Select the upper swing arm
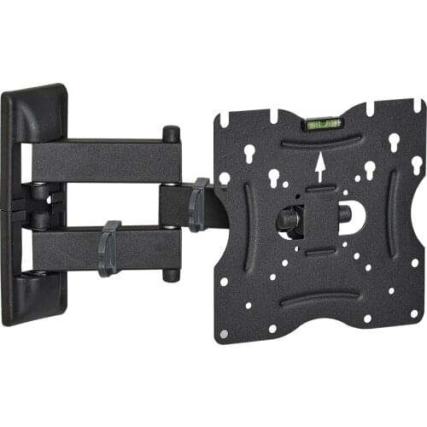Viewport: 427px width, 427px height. (x=102, y=161)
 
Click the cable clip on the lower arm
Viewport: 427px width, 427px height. (x=109, y=248)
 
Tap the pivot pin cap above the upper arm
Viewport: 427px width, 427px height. (x=172, y=134)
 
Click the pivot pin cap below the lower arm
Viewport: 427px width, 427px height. (x=172, y=275)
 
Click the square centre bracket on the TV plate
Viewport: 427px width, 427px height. (x=321, y=219)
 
